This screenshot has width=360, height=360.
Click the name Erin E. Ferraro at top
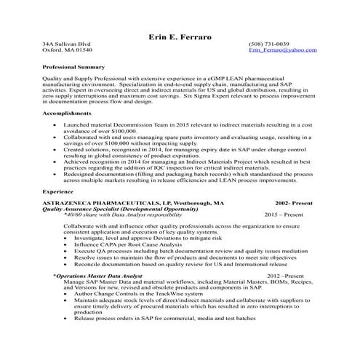pos(180,36)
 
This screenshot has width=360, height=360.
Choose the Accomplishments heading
pos(67,114)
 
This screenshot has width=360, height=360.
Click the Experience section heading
pos(57,191)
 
